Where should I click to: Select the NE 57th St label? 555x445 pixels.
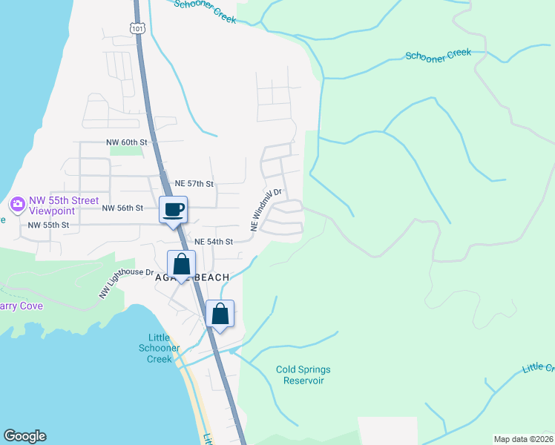[x=194, y=183]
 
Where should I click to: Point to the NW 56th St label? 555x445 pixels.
[x=122, y=208]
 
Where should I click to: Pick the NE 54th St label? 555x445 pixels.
[x=214, y=242]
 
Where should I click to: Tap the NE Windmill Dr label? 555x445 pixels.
[x=266, y=211]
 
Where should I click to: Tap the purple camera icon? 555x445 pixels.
[x=16, y=204]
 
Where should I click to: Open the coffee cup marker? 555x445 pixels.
[x=174, y=210]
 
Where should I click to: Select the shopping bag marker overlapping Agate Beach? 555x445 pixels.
[x=181, y=265]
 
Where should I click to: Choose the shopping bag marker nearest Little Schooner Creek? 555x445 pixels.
[x=220, y=314]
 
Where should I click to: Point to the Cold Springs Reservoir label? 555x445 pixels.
[x=303, y=375]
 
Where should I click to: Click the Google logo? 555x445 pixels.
[x=24, y=436]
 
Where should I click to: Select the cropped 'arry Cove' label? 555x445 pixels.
[x=22, y=306]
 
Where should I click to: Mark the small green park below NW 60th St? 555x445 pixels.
[x=125, y=150]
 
